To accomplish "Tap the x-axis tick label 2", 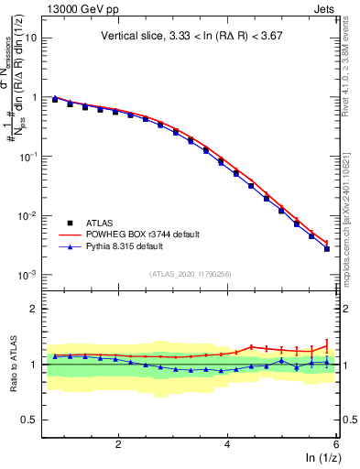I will tap(118, 443).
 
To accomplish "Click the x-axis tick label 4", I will tap(227, 443).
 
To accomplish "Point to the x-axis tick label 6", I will tap(335, 443).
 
